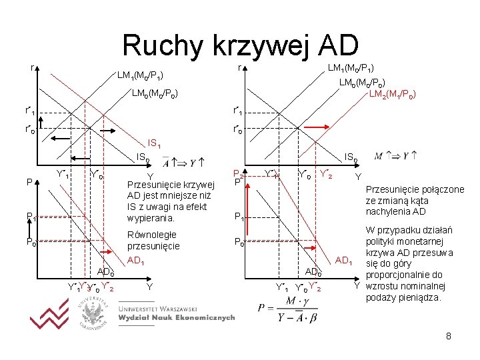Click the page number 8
(x=449, y=337)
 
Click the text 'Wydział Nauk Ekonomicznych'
(x=176, y=318)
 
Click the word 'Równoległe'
(x=151, y=234)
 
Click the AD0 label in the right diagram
(x=313, y=271)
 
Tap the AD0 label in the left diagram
(x=105, y=271)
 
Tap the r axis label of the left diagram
(x=33, y=67)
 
